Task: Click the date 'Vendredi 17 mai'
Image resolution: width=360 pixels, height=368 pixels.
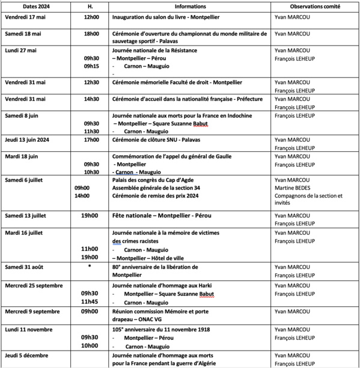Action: point(25,17)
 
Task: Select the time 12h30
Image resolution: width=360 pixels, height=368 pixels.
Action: point(91,82)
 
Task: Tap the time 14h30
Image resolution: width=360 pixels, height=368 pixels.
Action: point(91,98)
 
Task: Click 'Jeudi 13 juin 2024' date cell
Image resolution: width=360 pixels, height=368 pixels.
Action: point(29,140)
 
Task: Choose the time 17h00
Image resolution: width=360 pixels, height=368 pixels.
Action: point(91,140)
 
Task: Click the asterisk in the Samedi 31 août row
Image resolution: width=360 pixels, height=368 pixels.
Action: point(90,265)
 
